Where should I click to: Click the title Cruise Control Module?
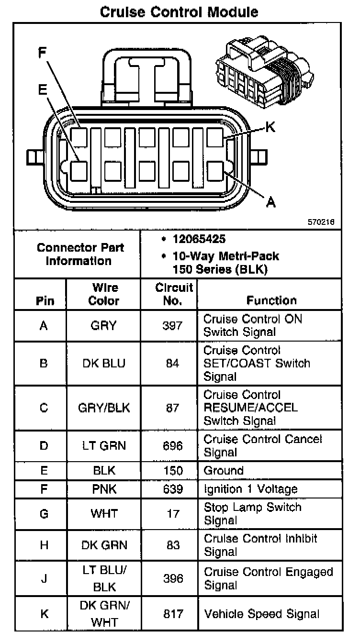(x=179, y=11)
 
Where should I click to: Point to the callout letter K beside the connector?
(x=270, y=127)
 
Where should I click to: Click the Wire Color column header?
(x=104, y=294)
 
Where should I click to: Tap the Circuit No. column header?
(x=168, y=294)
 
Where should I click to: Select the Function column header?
(x=271, y=300)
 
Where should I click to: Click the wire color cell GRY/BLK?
(x=104, y=408)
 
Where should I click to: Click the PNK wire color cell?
(x=104, y=489)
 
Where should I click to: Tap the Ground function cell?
(x=224, y=471)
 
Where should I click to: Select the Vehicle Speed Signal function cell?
(x=261, y=614)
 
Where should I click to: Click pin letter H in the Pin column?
(x=44, y=545)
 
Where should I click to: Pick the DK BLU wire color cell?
(x=104, y=363)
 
